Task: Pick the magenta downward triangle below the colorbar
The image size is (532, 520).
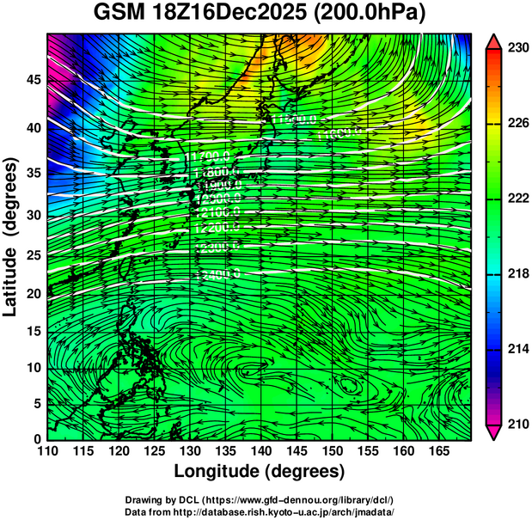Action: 493,432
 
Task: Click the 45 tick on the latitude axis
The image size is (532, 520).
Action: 32,80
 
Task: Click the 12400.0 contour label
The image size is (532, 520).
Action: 217,275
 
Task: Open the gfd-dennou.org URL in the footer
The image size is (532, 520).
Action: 297,499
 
